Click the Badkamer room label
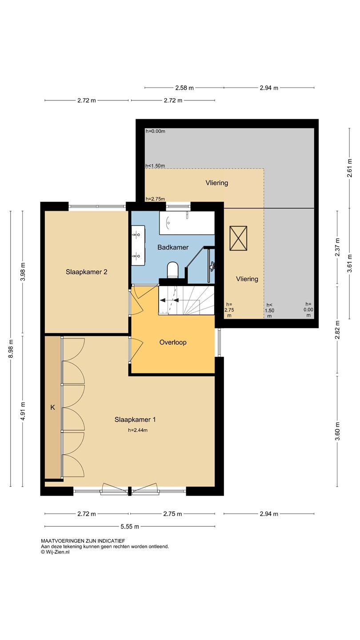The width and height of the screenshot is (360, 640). pos(173,247)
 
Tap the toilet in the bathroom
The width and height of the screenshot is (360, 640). pos(172,270)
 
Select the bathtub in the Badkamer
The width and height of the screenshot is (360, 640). pos(187,223)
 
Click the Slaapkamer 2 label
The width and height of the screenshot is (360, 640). pos(86,272)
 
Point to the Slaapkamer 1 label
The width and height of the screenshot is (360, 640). pos(135,420)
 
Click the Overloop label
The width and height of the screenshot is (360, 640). pos(173,342)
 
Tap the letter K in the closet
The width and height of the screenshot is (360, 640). pos(52,408)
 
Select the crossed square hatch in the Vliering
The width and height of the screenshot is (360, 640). pos(238,238)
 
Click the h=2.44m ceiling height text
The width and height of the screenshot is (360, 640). pos(138,430)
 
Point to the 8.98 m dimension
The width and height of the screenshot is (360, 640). pos(11,348)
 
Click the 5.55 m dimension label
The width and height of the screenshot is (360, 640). pos(130,526)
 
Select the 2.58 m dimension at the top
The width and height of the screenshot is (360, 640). pos(184,88)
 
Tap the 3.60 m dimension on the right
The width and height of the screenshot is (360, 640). pos(337,432)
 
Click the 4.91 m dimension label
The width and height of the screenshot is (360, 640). pos(23,411)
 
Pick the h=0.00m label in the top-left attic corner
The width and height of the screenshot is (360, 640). pos(156,131)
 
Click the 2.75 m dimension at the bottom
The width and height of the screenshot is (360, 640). pos(172,514)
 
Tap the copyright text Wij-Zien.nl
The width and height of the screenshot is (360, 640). pos(55,552)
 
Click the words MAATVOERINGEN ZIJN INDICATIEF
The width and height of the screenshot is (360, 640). pos(83,541)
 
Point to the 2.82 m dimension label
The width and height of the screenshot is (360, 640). pos(337,330)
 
